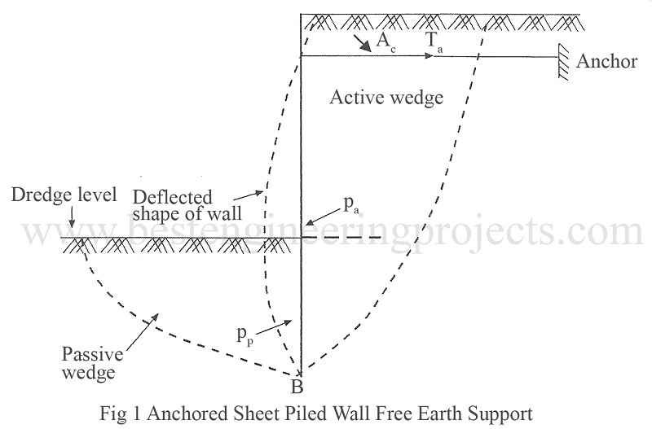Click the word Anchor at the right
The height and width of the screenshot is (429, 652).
pyautogui.click(x=606, y=62)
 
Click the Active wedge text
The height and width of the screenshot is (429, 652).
pyautogui.click(x=385, y=98)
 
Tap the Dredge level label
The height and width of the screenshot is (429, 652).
pyautogui.click(x=49, y=195)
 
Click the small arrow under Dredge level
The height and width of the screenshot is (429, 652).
pyautogui.click(x=73, y=220)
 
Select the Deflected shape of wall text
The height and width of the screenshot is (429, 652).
pyautogui.click(x=173, y=204)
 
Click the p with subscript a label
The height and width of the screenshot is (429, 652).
pyautogui.click(x=350, y=200)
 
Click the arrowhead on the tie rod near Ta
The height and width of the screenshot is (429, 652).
pyautogui.click(x=427, y=56)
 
